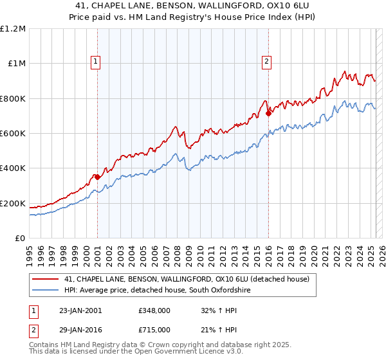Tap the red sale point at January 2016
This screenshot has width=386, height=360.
(x=268, y=113)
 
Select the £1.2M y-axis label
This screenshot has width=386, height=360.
(x=13, y=29)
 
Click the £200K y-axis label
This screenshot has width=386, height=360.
(x=13, y=203)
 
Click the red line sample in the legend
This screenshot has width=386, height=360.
(x=46, y=279)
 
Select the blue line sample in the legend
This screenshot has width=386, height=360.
(x=46, y=291)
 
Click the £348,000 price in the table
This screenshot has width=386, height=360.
(x=154, y=310)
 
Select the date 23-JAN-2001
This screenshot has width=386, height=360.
(x=80, y=310)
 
